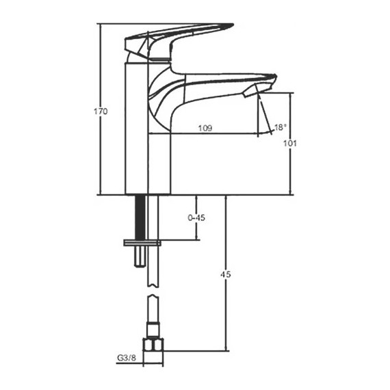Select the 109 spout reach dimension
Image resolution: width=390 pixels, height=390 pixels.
point(205,128)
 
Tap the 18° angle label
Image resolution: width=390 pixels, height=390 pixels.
point(280,127)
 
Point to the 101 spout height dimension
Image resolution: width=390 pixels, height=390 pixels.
point(289,144)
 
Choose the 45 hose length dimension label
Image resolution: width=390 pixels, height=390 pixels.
point(226,274)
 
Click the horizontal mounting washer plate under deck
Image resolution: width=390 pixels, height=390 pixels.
point(142,243)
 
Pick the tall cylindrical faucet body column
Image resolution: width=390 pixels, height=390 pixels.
point(137,130)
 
